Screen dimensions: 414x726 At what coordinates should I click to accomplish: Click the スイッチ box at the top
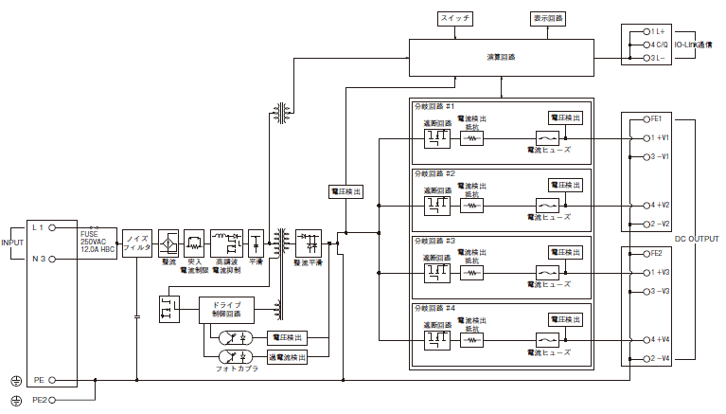tap(455, 18)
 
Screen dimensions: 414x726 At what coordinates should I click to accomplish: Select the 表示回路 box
tap(547, 18)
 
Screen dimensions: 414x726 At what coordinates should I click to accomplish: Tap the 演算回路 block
tap(502, 58)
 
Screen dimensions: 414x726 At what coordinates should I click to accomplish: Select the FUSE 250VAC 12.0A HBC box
tap(97, 242)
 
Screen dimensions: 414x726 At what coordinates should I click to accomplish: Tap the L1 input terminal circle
tap(53, 228)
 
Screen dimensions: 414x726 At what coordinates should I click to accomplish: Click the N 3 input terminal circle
tap(53, 257)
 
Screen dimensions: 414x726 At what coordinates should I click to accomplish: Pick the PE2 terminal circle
tap(53, 401)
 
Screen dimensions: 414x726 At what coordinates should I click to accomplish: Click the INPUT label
tap(12, 243)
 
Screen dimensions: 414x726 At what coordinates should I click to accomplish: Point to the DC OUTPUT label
tap(702, 239)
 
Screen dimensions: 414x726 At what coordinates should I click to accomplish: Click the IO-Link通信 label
tap(694, 45)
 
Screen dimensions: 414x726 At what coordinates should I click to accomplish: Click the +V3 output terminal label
tap(659, 272)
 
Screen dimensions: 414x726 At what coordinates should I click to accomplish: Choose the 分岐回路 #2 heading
tap(434, 174)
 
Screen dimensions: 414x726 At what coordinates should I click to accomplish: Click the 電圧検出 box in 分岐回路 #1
tap(565, 117)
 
